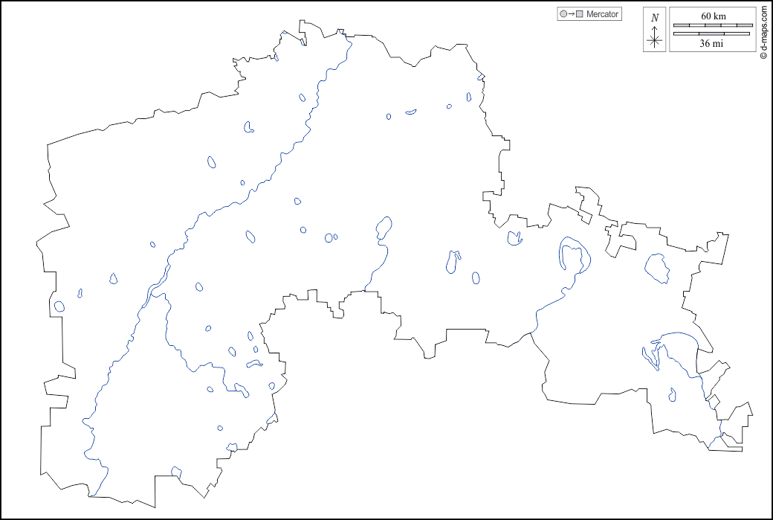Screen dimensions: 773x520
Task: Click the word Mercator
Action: [x=602, y=14]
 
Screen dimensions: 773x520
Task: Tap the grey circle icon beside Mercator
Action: [x=563, y=14]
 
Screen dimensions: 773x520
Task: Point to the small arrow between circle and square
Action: [x=572, y=14]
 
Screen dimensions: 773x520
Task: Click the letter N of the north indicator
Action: [x=655, y=18]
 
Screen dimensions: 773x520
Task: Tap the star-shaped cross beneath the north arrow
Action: [x=655, y=41]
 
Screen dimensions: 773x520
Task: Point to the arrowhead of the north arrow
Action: [x=655, y=28]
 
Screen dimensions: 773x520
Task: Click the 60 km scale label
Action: [x=712, y=16]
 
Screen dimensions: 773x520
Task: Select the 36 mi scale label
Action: [x=712, y=43]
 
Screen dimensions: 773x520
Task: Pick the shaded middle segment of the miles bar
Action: [x=712, y=33]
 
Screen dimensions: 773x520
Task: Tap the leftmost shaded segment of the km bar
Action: [x=682, y=25]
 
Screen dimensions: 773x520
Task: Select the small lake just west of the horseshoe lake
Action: [x=513, y=238]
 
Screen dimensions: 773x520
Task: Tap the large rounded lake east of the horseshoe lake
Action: [x=657, y=267]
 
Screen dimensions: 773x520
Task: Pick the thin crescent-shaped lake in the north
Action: [x=411, y=112]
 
